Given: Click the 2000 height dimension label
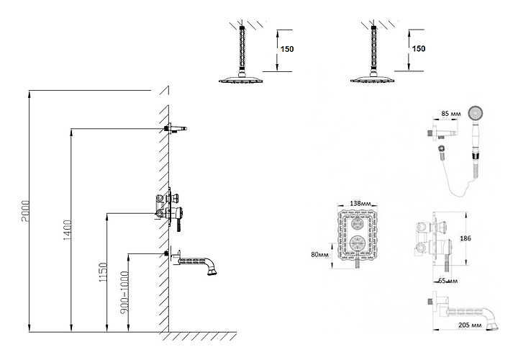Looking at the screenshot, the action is pos(26,211).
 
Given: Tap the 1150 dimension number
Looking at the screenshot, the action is pos(103,272).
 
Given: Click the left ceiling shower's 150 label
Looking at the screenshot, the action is pos(287,49).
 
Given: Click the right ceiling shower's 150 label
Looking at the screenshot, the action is pos(419,48).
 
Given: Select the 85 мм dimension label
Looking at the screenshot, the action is pos(451,114).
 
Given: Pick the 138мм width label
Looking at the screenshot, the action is pos(360,203).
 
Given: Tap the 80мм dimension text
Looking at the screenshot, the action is pos(320,255).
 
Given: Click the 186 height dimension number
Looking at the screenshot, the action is pos(465,238).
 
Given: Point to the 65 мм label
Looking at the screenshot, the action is pos(447,281).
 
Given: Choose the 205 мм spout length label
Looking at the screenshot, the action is pos(470,325).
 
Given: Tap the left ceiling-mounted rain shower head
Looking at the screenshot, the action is pos(241,80).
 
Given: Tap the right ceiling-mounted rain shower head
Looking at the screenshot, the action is pos(373,79).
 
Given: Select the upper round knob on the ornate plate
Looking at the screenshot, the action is pos(357,224).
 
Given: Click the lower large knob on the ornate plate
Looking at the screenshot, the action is pos(357,243).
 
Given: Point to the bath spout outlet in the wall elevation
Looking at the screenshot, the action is pos(212,271).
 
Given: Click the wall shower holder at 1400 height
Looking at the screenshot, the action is pos(176,128).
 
